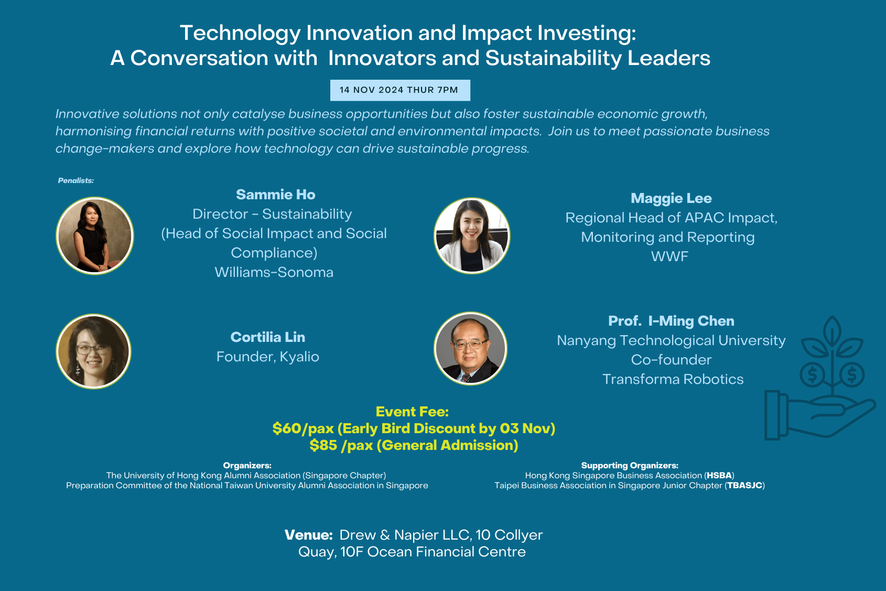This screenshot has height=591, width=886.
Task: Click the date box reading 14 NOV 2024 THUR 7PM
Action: pos(401,90)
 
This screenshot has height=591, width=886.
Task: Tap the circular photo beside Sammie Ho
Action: pos(94,236)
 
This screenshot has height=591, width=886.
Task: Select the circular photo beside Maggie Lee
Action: pos(472,236)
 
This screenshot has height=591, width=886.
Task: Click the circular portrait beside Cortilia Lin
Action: pos(94,351)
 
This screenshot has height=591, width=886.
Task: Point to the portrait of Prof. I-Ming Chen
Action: pos(471,349)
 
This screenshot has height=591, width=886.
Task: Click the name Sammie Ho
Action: pos(276,195)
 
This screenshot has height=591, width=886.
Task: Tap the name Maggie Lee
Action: pos(671,198)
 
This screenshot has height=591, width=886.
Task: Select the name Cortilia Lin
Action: pos(268,337)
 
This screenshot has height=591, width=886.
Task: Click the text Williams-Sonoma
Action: pos(274,272)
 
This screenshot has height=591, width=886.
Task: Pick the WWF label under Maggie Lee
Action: pos(669,256)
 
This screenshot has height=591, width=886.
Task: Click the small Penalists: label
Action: pos(76,180)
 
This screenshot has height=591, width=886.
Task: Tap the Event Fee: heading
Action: pos(412,412)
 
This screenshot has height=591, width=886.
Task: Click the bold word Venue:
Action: pos(309,535)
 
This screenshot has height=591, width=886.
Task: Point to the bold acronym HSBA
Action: pos(719,476)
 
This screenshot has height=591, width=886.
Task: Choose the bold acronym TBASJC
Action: pos(745,486)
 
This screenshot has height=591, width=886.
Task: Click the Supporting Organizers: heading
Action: pos(630,466)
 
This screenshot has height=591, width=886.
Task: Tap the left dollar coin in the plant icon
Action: pos(813,374)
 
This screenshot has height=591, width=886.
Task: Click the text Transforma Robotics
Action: pos(673,379)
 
